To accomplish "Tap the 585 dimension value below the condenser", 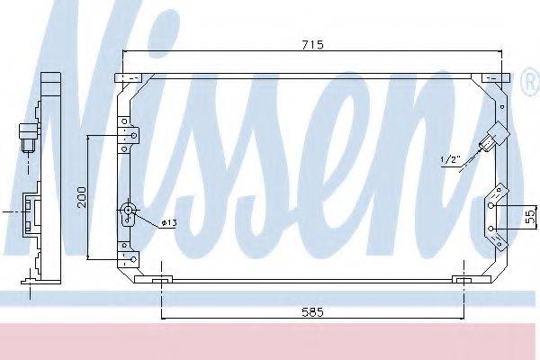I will (310, 311).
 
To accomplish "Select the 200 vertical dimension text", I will (81, 197).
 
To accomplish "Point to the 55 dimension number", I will (530, 216).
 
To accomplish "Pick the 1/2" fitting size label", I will (450, 160).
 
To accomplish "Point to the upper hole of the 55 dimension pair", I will (492, 205).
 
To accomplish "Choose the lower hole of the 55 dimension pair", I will (492, 229).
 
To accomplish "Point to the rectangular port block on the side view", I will (34, 211).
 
